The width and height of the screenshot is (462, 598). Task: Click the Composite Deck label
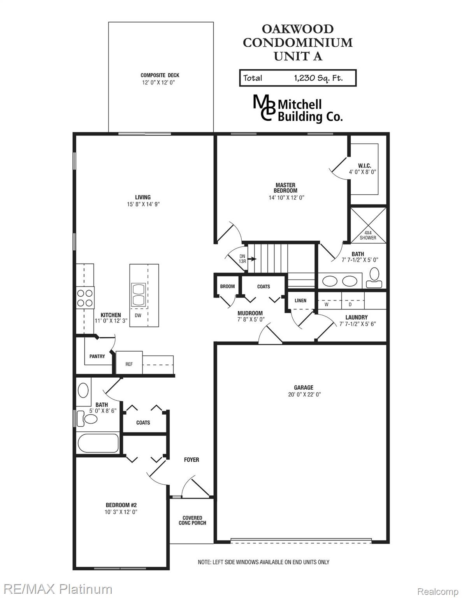point(160,75)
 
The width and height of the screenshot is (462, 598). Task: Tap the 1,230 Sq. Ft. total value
point(318,78)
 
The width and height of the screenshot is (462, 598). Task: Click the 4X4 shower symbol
point(368,225)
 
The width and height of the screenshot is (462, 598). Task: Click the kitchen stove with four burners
point(85,298)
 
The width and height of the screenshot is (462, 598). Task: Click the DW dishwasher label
point(138,316)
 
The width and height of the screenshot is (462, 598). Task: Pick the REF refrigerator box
point(129,364)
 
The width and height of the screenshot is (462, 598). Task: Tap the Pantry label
point(97,356)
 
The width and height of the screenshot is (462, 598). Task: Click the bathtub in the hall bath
point(98,443)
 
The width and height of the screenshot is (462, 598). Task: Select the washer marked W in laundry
point(327,304)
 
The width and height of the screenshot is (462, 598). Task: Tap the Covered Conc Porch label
point(192,521)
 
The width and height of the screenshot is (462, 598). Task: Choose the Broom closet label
point(227,287)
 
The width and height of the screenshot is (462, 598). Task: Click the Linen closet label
point(300,301)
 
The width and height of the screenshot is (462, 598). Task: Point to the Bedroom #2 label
point(121,505)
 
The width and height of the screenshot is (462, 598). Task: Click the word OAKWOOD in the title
point(297,29)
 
